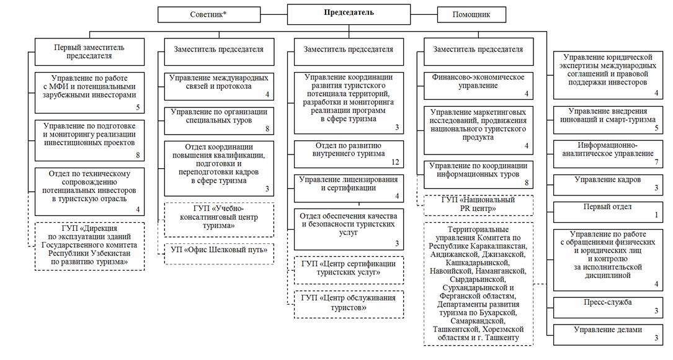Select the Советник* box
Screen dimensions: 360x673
pyautogui.click(x=207, y=14)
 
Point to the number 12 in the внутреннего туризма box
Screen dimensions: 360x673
pyautogui.click(x=395, y=163)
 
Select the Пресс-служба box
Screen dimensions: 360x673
pyautogui.click(x=608, y=307)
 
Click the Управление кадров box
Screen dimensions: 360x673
pyautogui.click(x=608, y=184)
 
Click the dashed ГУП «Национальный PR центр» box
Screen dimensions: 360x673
pyautogui.click(x=478, y=205)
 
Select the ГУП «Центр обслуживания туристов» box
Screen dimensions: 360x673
pyautogui.click(x=349, y=304)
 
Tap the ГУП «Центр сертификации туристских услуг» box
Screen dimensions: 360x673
pyautogui.click(x=349, y=268)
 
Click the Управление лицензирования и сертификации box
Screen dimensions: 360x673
pyautogui.click(x=349, y=187)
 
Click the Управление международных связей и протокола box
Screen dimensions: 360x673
pyautogui.click(x=219, y=86)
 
